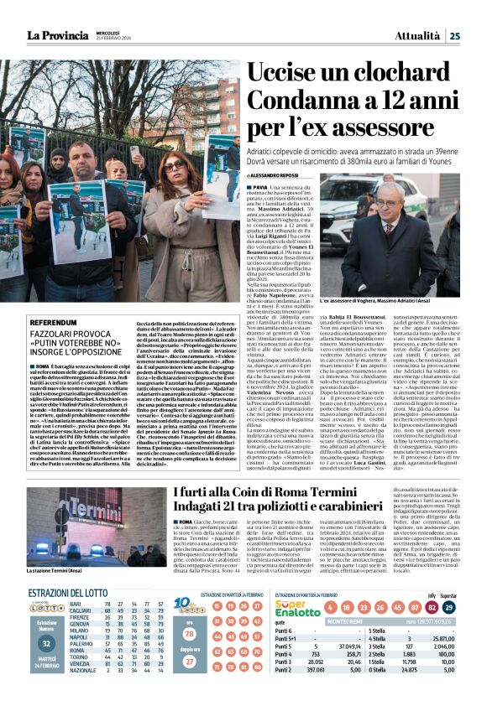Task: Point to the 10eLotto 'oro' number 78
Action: (189, 635)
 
